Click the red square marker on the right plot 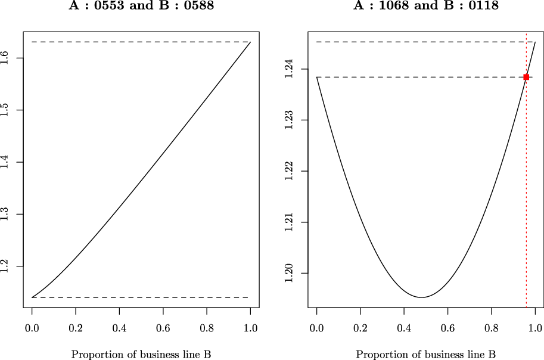pyautogui.click(x=526, y=77)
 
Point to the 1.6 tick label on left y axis pyautogui.click(x=6, y=58)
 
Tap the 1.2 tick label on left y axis pyautogui.click(x=6, y=266)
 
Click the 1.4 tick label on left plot pyautogui.click(x=6, y=162)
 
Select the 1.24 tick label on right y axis pyautogui.click(x=290, y=69)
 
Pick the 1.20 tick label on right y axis pyautogui.click(x=290, y=273)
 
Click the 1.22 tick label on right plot pyautogui.click(x=290, y=171)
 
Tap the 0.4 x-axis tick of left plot pyautogui.click(x=119, y=328)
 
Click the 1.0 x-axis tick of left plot pyautogui.click(x=250, y=328)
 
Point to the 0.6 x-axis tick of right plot pyautogui.click(x=447, y=328)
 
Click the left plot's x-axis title pyautogui.click(x=141, y=354)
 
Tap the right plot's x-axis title pyautogui.click(x=426, y=354)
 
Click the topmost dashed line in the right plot pyautogui.click(x=417, y=42)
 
